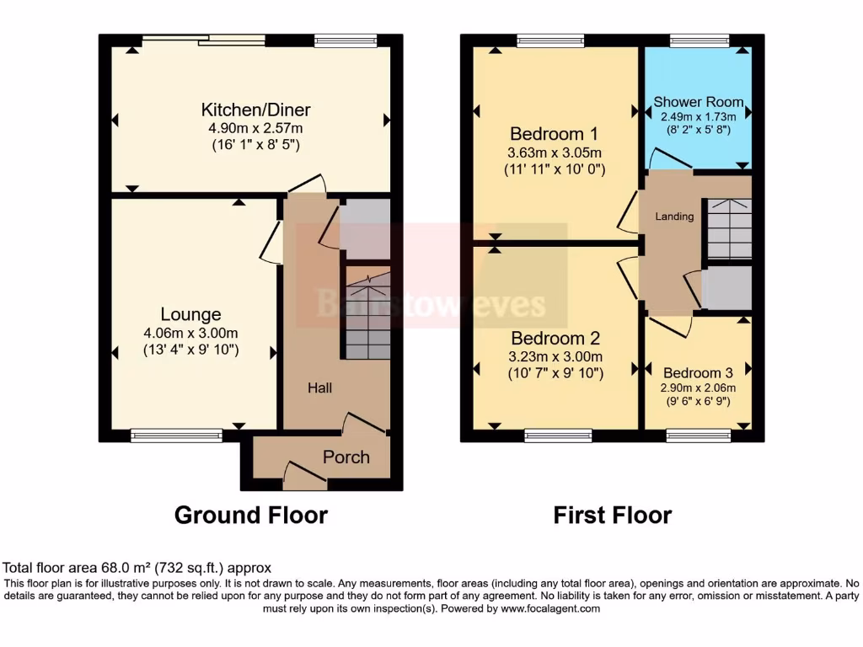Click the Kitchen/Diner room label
255,110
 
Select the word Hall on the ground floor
319,388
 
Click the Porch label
346,457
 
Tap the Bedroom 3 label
697,373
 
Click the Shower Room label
699,102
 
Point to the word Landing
675,217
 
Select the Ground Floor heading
250,515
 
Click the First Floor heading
612,515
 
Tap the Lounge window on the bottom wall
177,436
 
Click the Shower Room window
699,40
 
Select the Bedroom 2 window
558,436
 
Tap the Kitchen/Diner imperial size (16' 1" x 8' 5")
255,144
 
